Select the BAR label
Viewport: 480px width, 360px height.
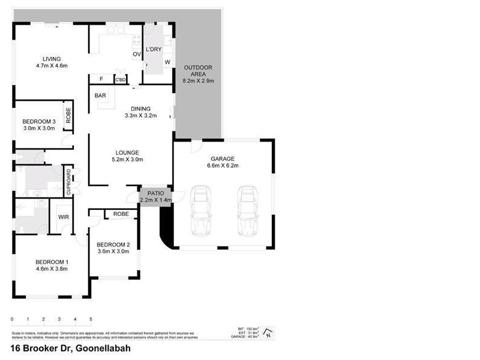click(100, 95)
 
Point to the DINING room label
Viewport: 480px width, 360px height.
click(140, 109)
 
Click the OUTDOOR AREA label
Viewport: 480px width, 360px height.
click(198, 67)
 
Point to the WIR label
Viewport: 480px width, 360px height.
click(63, 217)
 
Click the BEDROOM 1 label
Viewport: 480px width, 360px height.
click(52, 262)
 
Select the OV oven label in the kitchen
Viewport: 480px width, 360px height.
click(136, 55)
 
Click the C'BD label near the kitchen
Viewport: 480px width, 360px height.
click(121, 80)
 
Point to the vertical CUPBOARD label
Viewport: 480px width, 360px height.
click(69, 181)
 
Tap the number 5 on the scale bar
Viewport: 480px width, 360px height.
click(91, 319)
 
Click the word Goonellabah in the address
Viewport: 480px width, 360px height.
click(101, 347)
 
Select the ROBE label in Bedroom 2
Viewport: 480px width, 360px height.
click(121, 214)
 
